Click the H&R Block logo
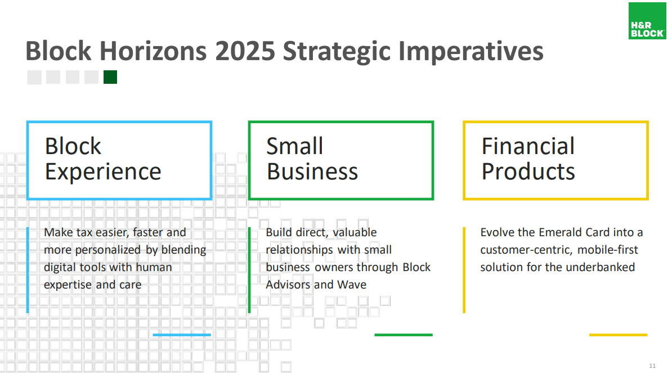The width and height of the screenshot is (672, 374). [x=647, y=21]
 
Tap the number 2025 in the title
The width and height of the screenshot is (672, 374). [x=245, y=51]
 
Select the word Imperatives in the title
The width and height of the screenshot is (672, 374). [x=471, y=52]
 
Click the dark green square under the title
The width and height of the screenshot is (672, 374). [x=110, y=77]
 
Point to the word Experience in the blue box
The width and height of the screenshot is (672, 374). [x=103, y=172]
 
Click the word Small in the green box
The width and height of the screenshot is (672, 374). [x=294, y=146]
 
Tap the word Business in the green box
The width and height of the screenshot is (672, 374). [x=312, y=172]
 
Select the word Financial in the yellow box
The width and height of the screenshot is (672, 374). [x=528, y=146]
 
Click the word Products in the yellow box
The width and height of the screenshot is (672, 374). [x=528, y=172]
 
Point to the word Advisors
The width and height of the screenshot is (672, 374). [x=288, y=285]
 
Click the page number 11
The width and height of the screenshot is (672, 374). [x=652, y=366]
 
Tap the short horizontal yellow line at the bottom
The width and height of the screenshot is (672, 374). [x=618, y=335]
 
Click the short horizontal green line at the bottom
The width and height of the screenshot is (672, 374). [x=404, y=335]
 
